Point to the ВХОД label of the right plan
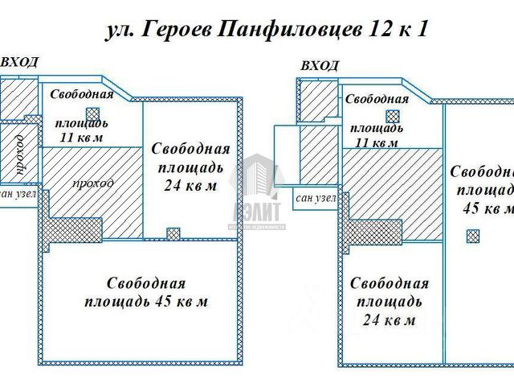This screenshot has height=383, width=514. (318, 66)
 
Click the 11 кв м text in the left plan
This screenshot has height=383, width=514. (83, 138)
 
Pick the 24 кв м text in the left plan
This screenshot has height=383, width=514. (190, 187)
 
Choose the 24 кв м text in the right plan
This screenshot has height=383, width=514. (387, 320)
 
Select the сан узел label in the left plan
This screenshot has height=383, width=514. (18, 194)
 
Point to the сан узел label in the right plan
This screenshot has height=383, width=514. (316, 198)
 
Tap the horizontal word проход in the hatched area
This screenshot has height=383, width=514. (92, 183)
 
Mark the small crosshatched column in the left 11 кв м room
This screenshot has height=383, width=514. (93, 114)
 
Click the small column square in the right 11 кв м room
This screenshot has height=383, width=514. (393, 117)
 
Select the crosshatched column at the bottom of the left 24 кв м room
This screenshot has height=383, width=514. (173, 233)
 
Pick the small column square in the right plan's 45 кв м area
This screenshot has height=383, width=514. (473, 235)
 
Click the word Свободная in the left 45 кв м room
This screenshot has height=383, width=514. (146, 283)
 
